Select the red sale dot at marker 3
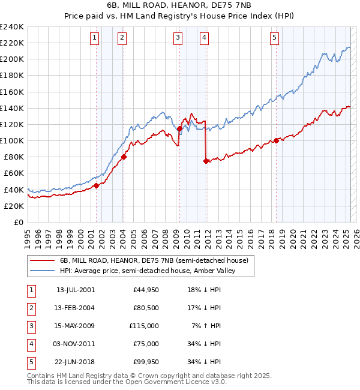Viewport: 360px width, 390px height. [179, 128]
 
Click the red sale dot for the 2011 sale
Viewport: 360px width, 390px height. [206, 161]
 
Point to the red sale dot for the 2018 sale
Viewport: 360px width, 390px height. [277, 140]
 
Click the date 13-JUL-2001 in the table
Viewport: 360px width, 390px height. [76, 290]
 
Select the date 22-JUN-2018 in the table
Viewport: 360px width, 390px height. [76, 362]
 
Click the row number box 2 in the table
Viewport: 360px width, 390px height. [31, 308]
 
